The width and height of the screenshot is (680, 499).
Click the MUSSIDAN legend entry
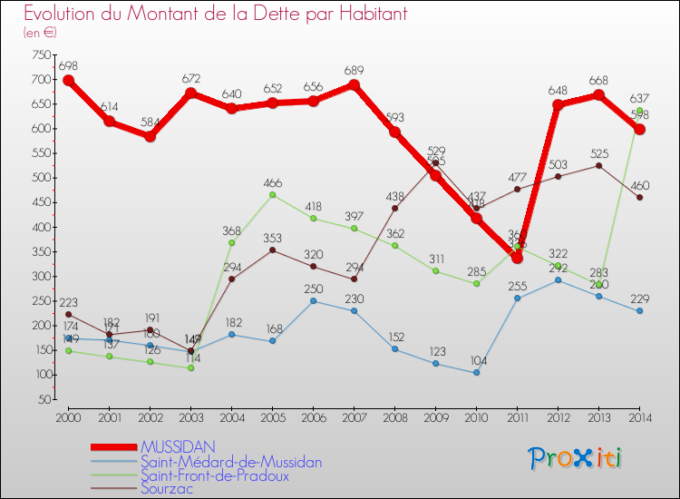(x=178, y=446)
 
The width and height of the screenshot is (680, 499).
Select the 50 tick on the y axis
(x=42, y=399)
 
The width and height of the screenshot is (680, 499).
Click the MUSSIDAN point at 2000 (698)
(x=68, y=80)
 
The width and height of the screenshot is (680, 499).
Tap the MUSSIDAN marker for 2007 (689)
(x=354, y=84)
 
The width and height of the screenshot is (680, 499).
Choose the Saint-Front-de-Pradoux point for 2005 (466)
(x=272, y=194)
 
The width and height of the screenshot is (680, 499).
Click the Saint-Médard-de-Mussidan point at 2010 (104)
(x=476, y=373)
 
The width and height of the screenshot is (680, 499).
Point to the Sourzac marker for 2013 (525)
(x=598, y=165)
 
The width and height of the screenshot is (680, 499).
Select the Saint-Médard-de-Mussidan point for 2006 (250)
(x=313, y=300)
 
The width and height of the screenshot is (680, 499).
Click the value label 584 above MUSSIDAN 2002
(x=150, y=122)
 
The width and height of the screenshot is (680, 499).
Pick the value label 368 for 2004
(x=231, y=231)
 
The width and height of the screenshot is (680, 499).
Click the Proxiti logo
(x=575, y=458)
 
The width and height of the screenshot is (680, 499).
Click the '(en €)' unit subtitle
(x=40, y=32)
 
